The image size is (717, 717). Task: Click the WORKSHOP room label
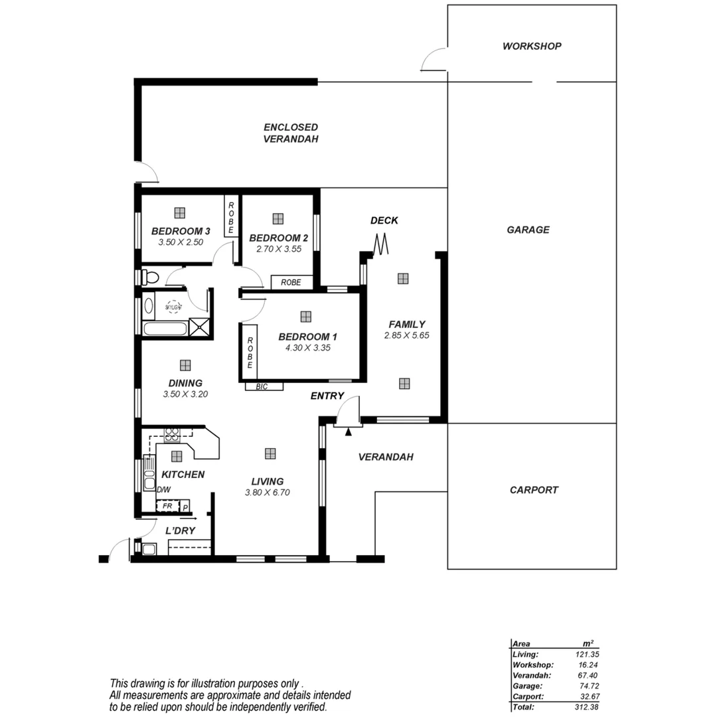pos(531,46)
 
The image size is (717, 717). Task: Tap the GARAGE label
pos(528,230)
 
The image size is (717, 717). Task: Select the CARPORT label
pos(534,490)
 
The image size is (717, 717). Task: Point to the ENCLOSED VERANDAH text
pos(291,133)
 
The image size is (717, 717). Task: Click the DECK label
pos(384,220)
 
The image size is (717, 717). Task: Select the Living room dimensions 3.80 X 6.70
pos(268,493)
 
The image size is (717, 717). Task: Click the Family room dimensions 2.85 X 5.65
pos(406,335)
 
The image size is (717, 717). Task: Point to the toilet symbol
pos(150,277)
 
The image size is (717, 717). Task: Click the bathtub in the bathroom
pos(165,328)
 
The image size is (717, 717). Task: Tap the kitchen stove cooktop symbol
pos(172,435)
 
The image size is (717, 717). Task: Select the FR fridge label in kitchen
pos(168,506)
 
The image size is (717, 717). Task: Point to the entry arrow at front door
pos(348,432)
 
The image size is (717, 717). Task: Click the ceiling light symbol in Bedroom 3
pos(179,212)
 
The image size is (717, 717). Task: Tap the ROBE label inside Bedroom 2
pos(291,282)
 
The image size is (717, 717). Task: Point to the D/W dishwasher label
pos(163,490)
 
